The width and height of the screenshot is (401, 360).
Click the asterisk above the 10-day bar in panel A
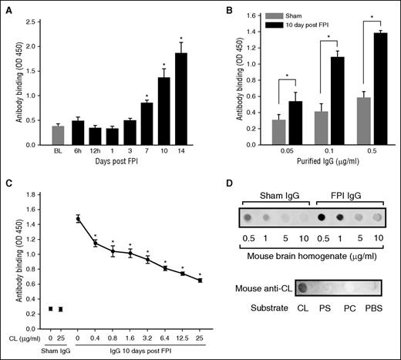point(162,64)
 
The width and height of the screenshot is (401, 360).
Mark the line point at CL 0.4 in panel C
point(95,244)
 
